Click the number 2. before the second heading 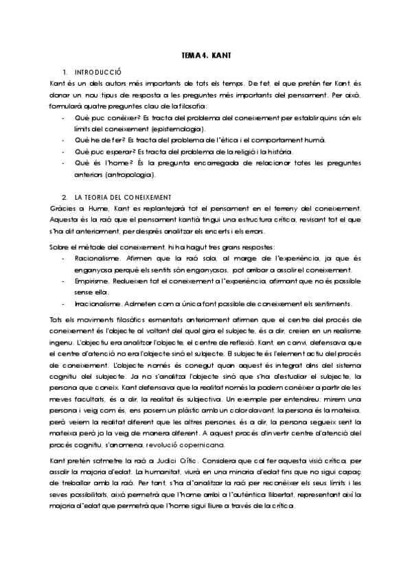pos(64,197)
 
